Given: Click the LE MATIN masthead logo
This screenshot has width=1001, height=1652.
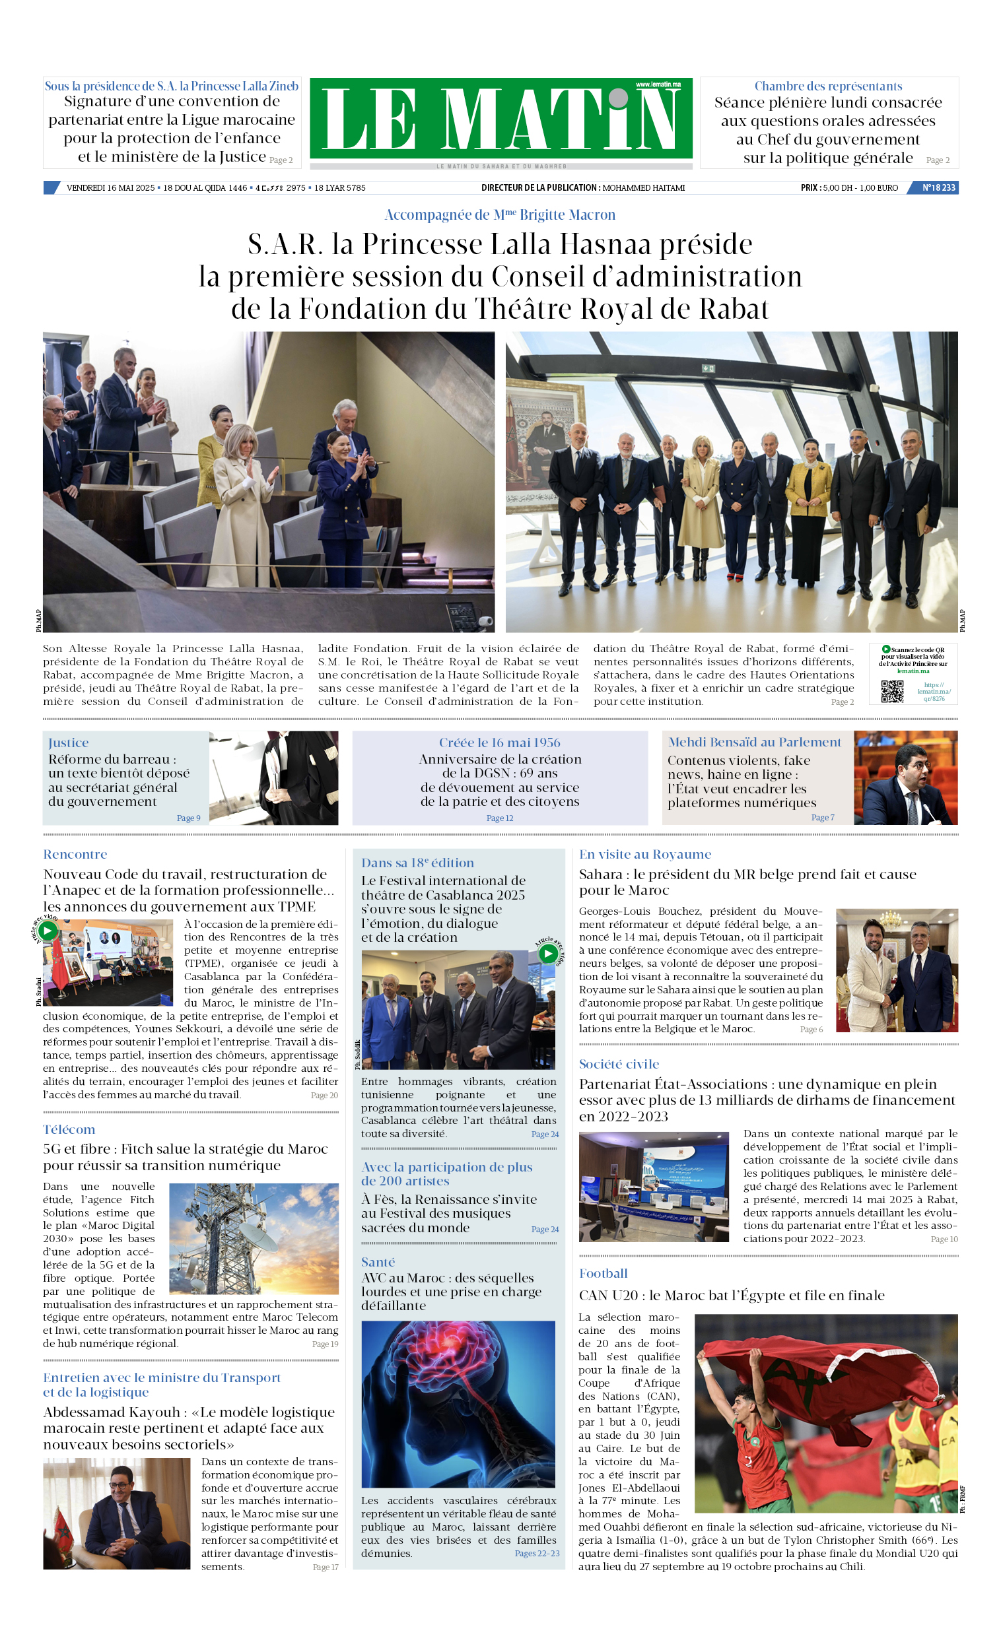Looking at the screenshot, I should coord(500,119).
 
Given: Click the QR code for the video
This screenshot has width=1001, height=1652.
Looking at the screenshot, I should coord(891,691).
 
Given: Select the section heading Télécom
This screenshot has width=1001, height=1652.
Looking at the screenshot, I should coord(69,1130).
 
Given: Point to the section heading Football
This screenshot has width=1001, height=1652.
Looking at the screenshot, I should coord(603,1274).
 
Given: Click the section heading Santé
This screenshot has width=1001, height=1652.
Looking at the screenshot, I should coord(378,1263).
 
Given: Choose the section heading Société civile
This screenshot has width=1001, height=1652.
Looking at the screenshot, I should coord(619,1065).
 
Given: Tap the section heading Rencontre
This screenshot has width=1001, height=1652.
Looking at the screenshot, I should coord(75,855).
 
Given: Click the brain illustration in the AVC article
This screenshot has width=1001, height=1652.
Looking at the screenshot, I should coord(458,1404).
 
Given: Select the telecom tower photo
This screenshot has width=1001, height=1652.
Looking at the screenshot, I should coord(254,1238).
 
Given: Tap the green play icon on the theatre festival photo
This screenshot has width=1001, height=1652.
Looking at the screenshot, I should coord(548,954).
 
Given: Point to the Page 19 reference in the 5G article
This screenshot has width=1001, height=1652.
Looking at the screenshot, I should coord(325,1344).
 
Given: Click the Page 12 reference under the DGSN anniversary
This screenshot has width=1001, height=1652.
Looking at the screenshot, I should coord(500,818).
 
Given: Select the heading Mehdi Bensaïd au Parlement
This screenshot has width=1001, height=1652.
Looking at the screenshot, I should coord(754,743).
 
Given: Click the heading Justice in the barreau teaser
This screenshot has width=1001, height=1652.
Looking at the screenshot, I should coord(69,743).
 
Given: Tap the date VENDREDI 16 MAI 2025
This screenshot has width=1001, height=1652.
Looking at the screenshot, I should coord(111,187).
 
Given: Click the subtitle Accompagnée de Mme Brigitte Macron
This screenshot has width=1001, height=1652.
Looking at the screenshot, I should coord(500,215).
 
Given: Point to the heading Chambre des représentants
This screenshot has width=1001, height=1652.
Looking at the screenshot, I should coord(828,86).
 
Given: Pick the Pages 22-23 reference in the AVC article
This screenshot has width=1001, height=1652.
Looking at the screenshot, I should coord(537,1554).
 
